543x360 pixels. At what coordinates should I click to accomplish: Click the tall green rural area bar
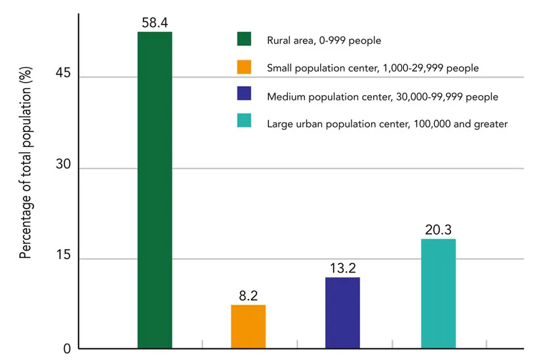pyautogui.click(x=155, y=190)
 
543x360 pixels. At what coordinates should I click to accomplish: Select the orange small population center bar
pyautogui.click(x=249, y=327)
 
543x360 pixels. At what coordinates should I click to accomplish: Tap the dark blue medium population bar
pyautogui.click(x=342, y=313)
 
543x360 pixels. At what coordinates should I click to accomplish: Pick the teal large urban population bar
pyautogui.click(x=438, y=293)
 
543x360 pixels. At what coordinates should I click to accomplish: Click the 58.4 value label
pyautogui.click(x=155, y=23)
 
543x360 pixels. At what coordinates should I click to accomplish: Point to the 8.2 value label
pyautogui.click(x=249, y=296)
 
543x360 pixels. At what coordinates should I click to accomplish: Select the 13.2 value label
pyautogui.click(x=342, y=268)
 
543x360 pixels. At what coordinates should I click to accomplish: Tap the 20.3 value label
pyautogui.click(x=438, y=230)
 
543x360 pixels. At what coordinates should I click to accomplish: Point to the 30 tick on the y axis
pyautogui.click(x=63, y=169)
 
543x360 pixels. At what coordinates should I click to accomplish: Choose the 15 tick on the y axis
pyautogui.click(x=63, y=258)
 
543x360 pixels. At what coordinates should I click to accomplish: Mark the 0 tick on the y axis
pyautogui.click(x=66, y=349)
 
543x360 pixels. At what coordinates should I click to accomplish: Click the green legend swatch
pyautogui.click(x=244, y=39)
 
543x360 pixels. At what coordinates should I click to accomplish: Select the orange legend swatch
pyautogui.click(x=244, y=67)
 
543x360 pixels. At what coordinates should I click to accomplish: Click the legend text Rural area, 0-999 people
pyautogui.click(x=324, y=40)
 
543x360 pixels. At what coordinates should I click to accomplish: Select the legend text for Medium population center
pyautogui.click(x=382, y=96)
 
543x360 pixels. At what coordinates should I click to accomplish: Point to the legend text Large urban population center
pyautogui.click(x=387, y=123)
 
